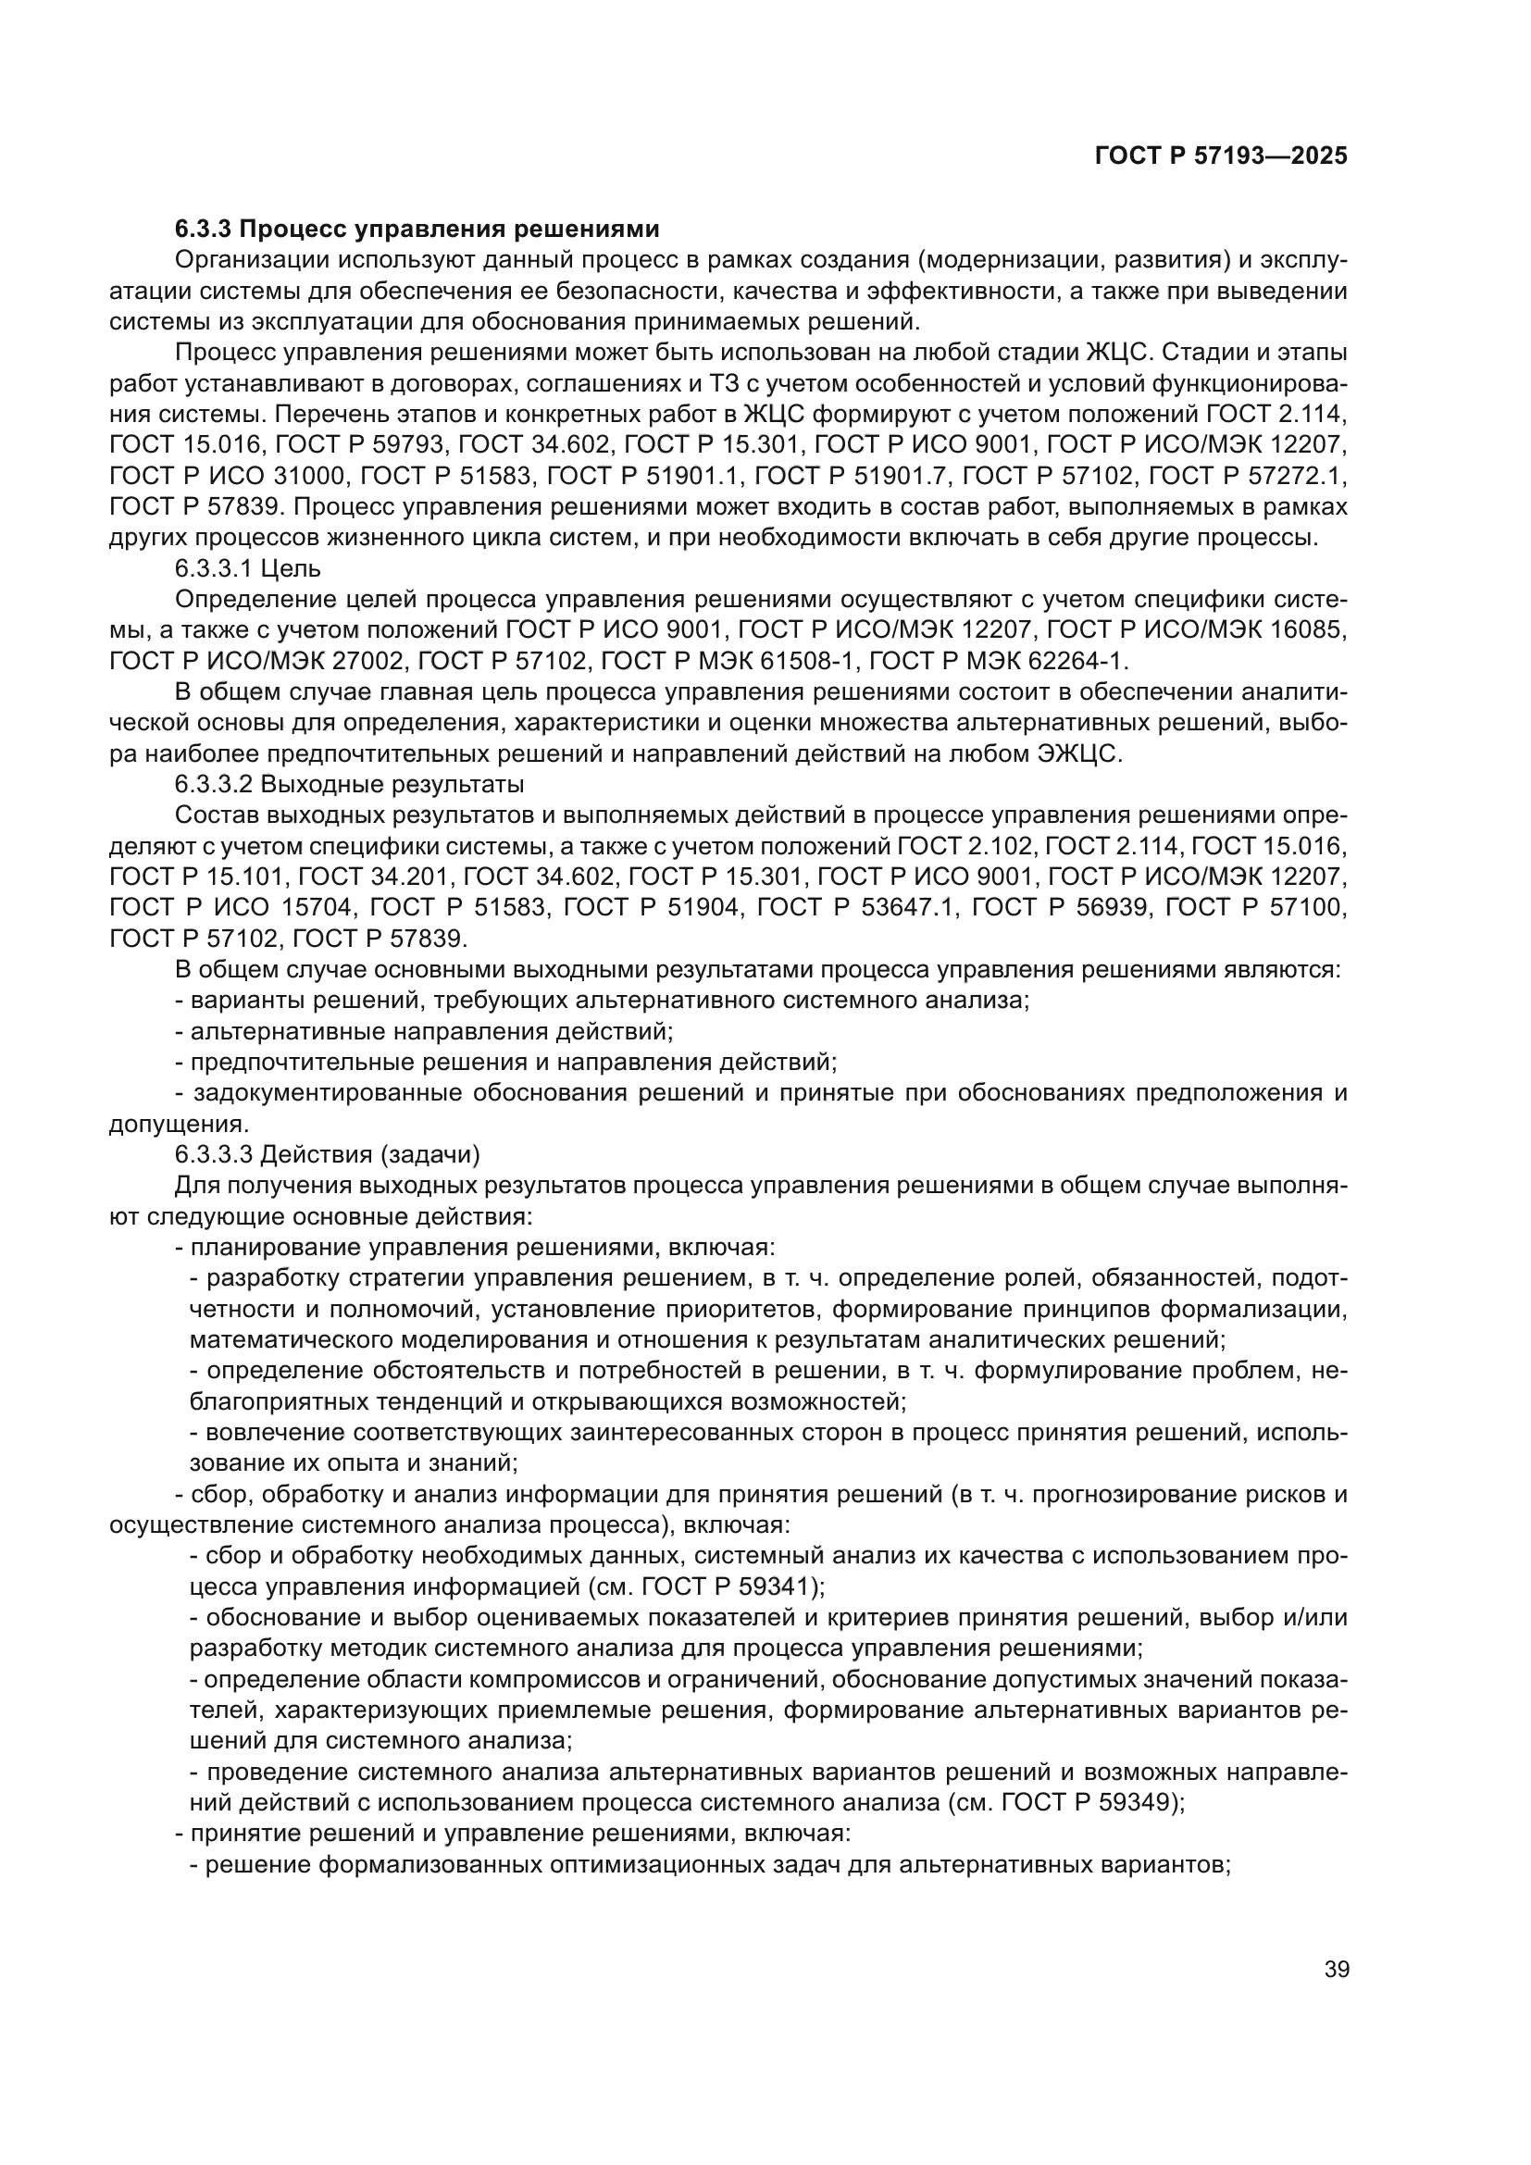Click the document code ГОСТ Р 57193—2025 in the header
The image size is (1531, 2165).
1220,156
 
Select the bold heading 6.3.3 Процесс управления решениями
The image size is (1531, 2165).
417,230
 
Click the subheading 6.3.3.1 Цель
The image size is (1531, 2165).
248,568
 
